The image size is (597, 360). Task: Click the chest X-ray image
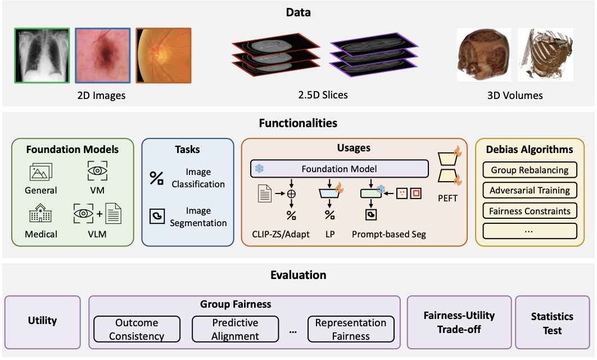[42, 55]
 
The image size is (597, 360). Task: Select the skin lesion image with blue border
[103, 55]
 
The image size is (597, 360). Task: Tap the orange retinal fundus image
[164, 55]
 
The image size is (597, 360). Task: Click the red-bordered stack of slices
[275, 55]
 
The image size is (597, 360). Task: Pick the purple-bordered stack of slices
[374, 55]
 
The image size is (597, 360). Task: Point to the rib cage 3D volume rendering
[545, 55]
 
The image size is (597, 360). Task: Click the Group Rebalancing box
[530, 170]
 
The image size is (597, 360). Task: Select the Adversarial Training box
[530, 190]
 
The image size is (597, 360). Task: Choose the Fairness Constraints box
[530, 211]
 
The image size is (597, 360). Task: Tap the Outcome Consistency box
[137, 329]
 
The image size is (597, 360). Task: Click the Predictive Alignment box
[236, 329]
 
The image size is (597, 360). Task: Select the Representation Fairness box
[351, 329]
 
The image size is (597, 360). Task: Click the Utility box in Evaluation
[43, 322]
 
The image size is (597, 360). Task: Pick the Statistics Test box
[552, 322]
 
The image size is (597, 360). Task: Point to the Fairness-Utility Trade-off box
[459, 322]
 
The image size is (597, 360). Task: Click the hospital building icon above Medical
[40, 213]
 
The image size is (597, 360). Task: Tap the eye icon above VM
[97, 170]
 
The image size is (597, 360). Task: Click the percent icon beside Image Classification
[156, 178]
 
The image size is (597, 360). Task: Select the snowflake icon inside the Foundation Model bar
[259, 168]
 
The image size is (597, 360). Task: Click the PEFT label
[447, 198]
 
